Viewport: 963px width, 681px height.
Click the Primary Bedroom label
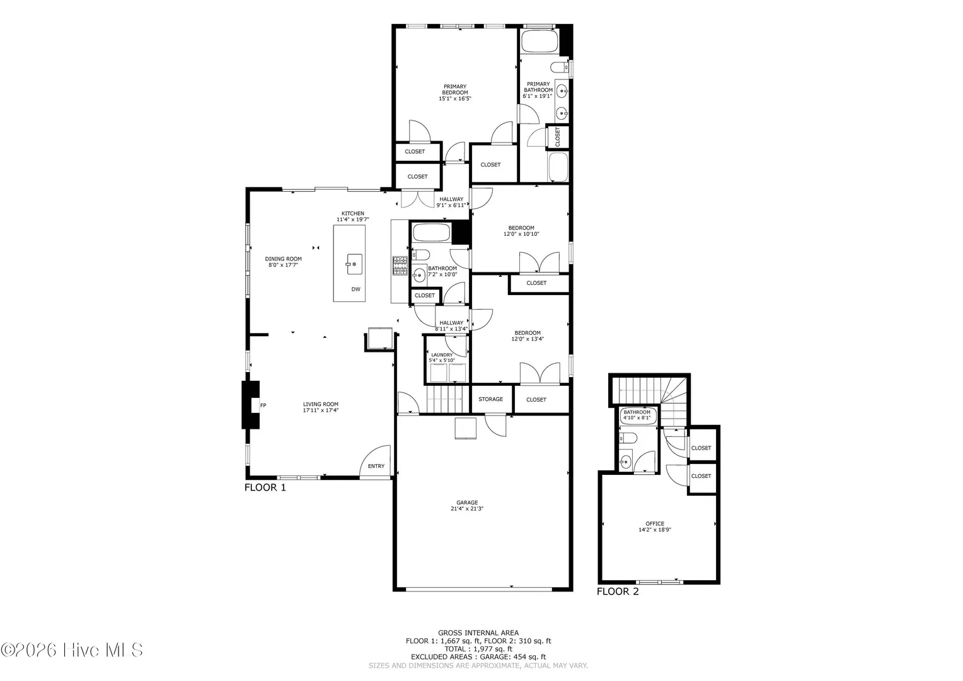[x=455, y=90]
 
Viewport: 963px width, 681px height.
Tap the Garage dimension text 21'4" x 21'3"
[x=467, y=508]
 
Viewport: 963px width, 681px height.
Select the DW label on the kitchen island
[x=356, y=289]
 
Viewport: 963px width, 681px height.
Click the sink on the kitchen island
[x=354, y=264]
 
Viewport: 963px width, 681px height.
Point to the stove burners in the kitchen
[x=400, y=265]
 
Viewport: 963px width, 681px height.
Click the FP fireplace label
[x=263, y=405]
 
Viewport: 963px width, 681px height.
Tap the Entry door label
[x=376, y=466]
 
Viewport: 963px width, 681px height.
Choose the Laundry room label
[x=442, y=355]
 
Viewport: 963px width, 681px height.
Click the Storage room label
[x=490, y=399]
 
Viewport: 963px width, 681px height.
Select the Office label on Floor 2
[x=655, y=523]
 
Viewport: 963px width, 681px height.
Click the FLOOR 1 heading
[x=265, y=487]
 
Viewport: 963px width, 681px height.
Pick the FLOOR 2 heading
[x=618, y=591]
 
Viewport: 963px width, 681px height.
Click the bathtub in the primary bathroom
[x=539, y=41]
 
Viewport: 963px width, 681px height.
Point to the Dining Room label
[x=284, y=259]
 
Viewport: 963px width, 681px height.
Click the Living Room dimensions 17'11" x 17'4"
[x=321, y=410]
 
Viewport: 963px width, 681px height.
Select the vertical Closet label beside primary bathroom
[x=558, y=137]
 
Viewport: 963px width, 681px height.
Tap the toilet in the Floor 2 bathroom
[x=628, y=438]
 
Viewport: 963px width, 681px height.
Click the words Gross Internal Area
[x=478, y=633]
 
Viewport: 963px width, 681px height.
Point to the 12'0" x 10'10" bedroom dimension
[x=521, y=234]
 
